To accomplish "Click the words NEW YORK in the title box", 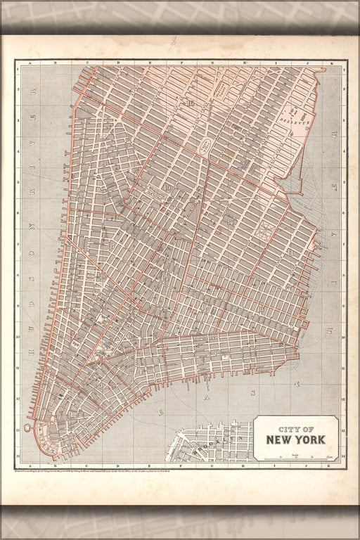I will [x=295, y=440].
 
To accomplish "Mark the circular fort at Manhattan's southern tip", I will [x=28, y=427].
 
